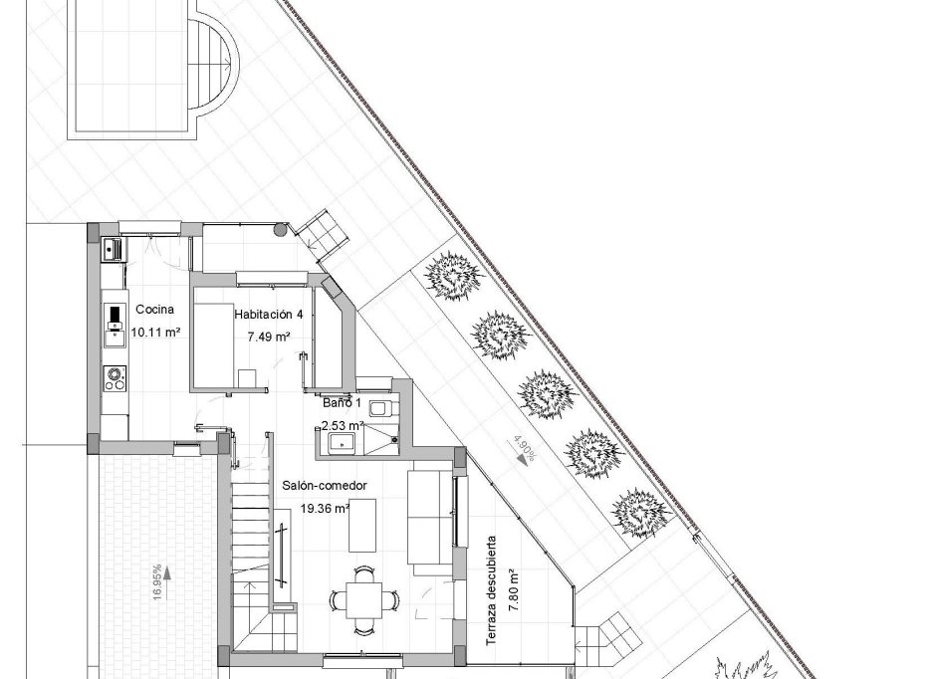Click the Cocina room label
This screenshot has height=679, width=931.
(x=155, y=308)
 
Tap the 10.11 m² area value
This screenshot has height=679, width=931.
(x=155, y=333)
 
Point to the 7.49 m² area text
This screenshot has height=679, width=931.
(x=269, y=337)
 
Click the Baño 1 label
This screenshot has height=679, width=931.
(x=342, y=405)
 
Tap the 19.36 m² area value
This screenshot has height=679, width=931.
(x=325, y=509)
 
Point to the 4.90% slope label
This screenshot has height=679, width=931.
(x=524, y=449)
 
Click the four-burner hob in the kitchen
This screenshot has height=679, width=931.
(x=116, y=378)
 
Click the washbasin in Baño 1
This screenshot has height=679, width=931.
(x=337, y=442)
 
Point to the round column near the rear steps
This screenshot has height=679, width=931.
(x=281, y=230)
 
